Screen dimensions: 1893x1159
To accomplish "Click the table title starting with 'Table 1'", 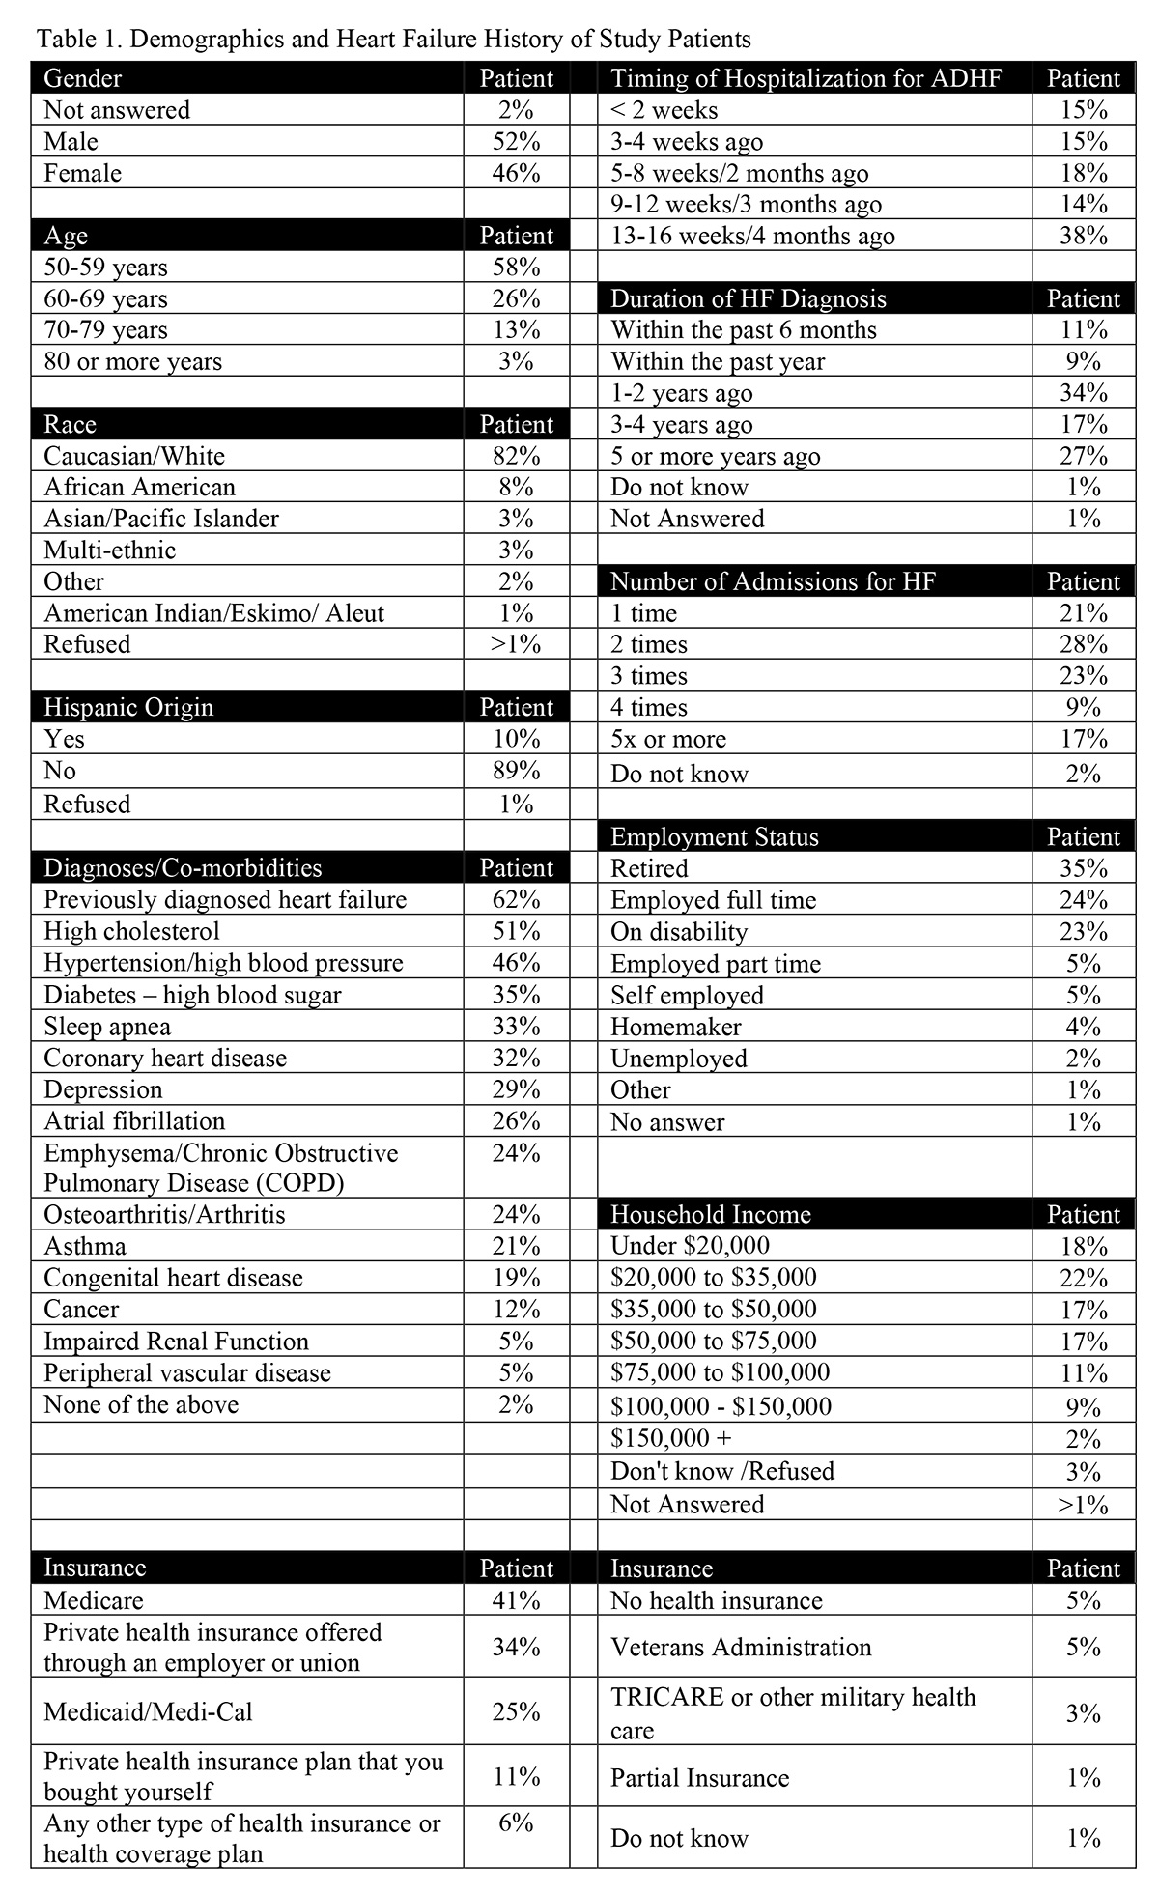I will (393, 40).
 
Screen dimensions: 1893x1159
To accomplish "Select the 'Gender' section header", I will (83, 78).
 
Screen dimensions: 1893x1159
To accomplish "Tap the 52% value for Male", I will (516, 142).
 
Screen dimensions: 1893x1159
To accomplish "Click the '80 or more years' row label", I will (133, 362).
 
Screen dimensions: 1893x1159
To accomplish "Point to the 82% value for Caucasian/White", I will (516, 456).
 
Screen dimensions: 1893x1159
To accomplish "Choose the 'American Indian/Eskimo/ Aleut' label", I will (213, 613).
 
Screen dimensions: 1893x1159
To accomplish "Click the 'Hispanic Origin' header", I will (128, 707).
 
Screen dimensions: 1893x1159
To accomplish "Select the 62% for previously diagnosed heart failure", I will (516, 900).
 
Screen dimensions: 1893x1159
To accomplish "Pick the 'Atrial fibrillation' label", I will (134, 1121).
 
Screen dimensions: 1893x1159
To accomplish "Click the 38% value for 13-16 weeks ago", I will (1083, 236).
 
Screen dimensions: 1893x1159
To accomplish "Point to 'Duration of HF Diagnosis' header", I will (748, 298).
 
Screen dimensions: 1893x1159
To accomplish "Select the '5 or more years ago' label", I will (715, 456).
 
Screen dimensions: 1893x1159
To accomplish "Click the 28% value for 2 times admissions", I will (1083, 644).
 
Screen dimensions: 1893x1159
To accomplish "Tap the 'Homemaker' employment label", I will (675, 1027).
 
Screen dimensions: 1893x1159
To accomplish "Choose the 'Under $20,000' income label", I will (690, 1246).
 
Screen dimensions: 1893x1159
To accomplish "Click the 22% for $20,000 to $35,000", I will (1083, 1278).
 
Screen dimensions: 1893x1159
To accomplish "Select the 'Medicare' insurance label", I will (94, 1600).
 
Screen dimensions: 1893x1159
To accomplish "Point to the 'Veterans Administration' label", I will (740, 1647).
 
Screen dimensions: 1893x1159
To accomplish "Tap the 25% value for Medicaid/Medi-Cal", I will (516, 1712).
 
